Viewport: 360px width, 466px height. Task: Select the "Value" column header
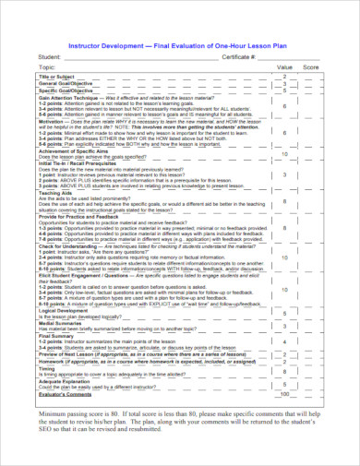285,67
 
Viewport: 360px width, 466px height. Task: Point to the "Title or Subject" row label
56,76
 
